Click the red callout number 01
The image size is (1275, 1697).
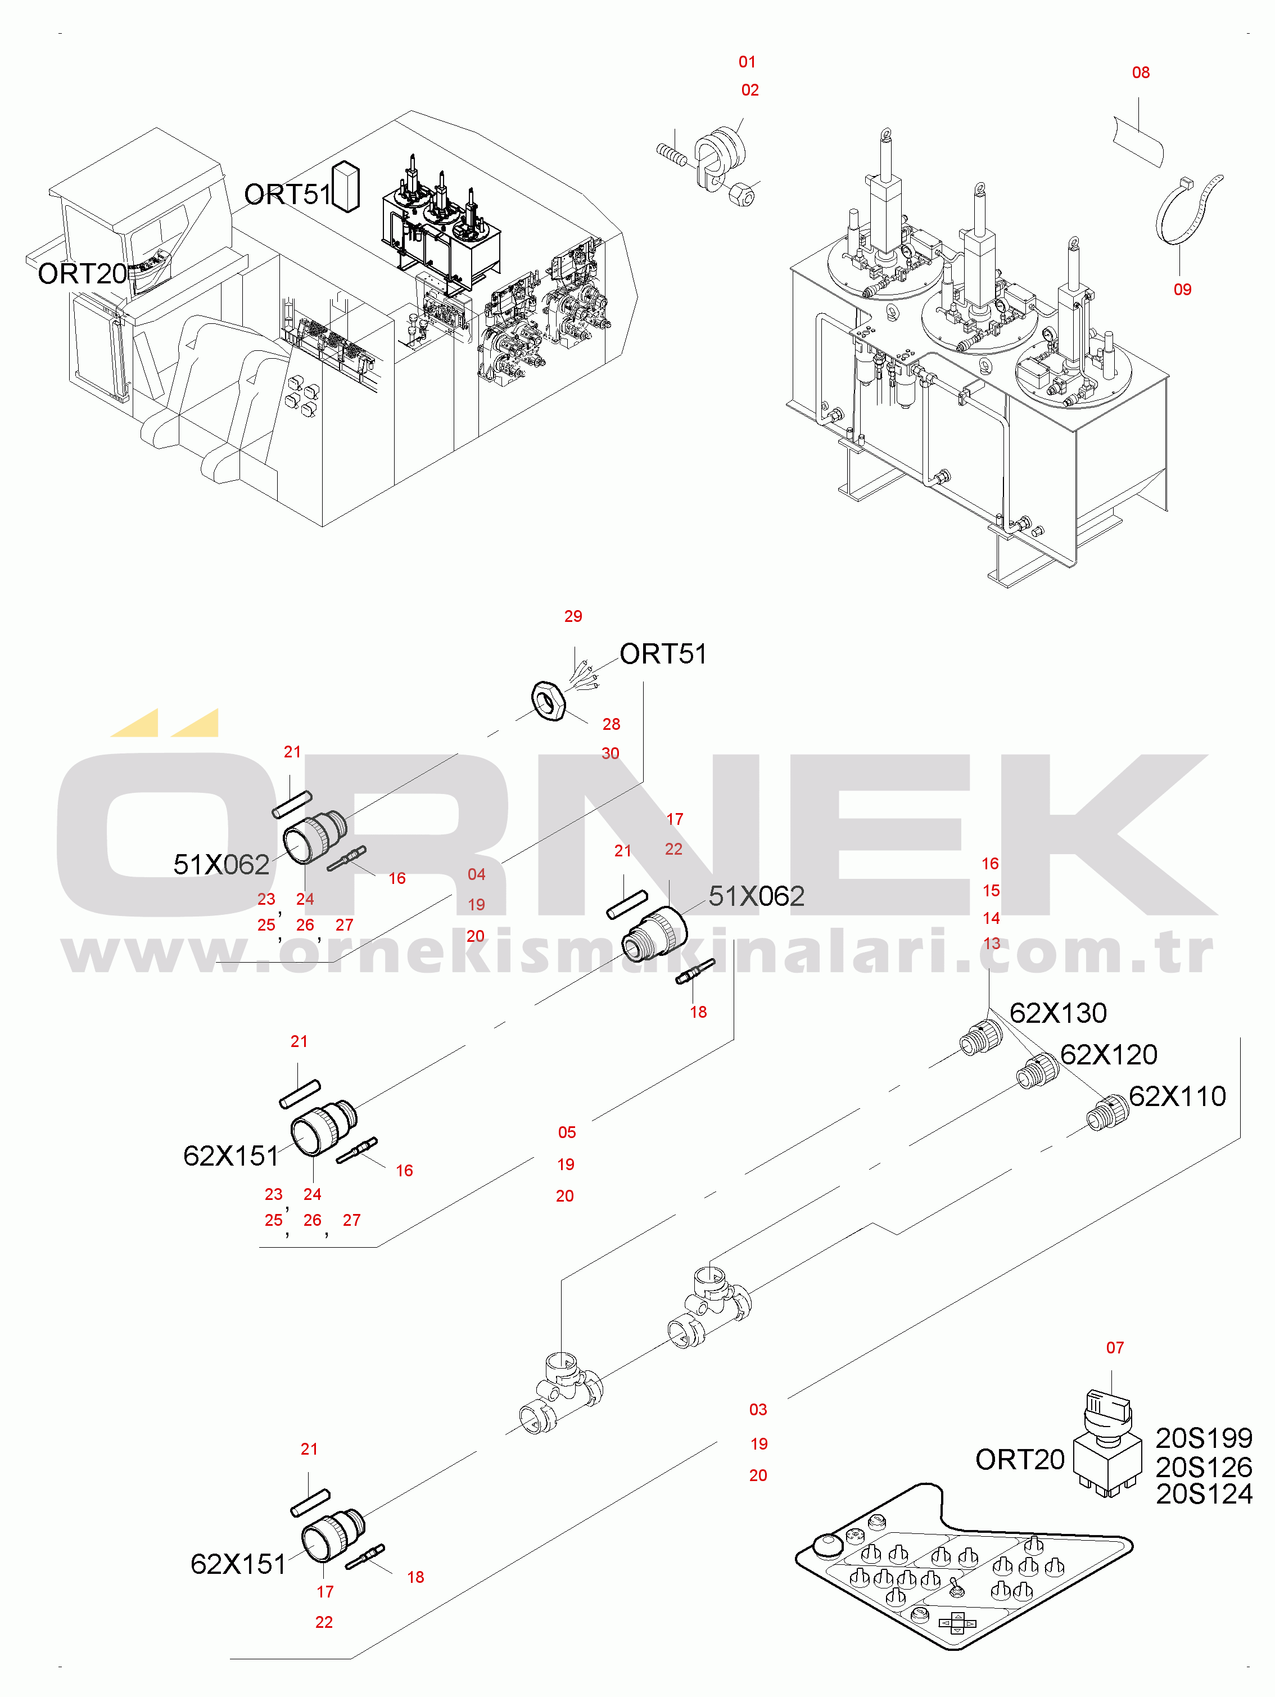[x=747, y=61]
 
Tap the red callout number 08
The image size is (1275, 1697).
[x=1140, y=72]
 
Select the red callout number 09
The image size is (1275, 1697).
[x=1182, y=289]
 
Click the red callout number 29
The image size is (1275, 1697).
[x=572, y=616]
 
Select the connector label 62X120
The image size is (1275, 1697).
[x=1108, y=1054]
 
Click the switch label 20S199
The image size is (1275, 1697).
[x=1203, y=1438]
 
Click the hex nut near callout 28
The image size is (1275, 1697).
[x=548, y=699]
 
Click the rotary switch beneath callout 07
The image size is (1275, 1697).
[x=1105, y=1443]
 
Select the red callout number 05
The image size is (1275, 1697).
[x=566, y=1132]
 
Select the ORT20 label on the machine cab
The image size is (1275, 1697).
[x=82, y=273]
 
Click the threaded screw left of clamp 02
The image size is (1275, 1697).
[x=672, y=154]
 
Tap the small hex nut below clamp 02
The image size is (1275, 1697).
[x=742, y=196]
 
